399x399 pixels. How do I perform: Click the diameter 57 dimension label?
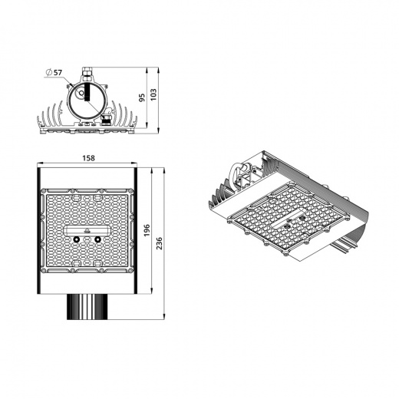pyautogui.click(x=55, y=71)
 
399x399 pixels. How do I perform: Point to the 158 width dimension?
pyautogui.click(x=88, y=158)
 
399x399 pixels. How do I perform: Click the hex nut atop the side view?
pyautogui.click(x=87, y=73)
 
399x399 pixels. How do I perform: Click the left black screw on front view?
pyautogui.click(x=77, y=239)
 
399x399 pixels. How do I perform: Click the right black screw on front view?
pyautogui.click(x=98, y=239)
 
